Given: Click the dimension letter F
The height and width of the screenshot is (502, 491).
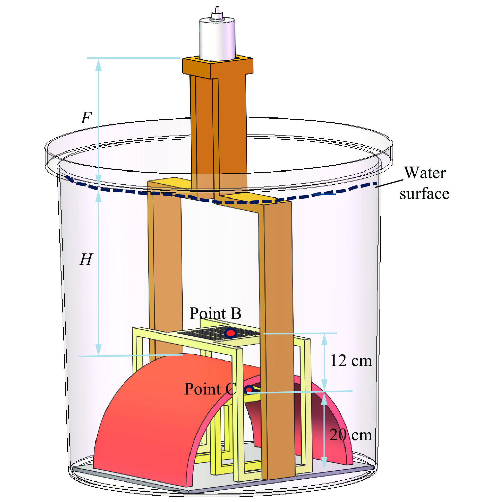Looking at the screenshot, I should click(x=87, y=118).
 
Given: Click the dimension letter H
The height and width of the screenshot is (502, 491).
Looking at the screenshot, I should click(x=86, y=259).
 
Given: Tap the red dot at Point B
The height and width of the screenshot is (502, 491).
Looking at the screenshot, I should click(x=230, y=333).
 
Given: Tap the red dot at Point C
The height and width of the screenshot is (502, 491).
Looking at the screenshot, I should click(x=249, y=390).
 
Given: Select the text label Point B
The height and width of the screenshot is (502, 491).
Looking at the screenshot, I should click(x=215, y=313).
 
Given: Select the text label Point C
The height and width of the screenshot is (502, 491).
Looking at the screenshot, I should click(x=210, y=389).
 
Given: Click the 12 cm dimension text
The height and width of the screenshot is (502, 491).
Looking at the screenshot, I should click(x=351, y=361).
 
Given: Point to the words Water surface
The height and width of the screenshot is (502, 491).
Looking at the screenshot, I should click(x=424, y=183).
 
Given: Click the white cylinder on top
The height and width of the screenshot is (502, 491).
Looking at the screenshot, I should click(x=217, y=39).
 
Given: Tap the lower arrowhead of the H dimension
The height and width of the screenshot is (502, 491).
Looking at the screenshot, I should click(x=98, y=349).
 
